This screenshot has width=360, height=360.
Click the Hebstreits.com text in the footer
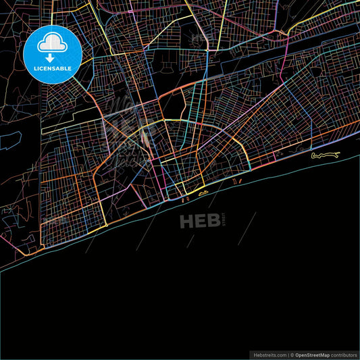coord(269,355)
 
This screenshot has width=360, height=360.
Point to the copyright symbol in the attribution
coord(292,355)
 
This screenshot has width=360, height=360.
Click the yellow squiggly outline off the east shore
coord(324,156)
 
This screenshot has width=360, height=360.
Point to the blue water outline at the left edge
coord(9,140)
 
